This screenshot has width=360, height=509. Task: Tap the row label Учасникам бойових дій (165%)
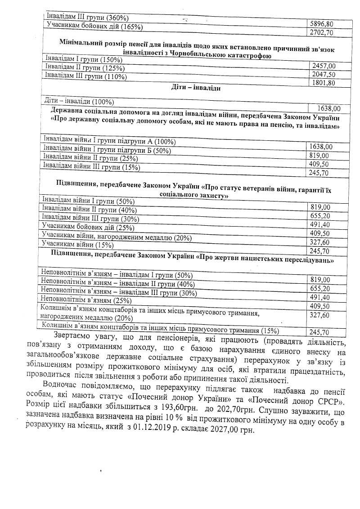[x=95, y=27]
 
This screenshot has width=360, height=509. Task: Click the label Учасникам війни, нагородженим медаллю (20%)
[x=117, y=237]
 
